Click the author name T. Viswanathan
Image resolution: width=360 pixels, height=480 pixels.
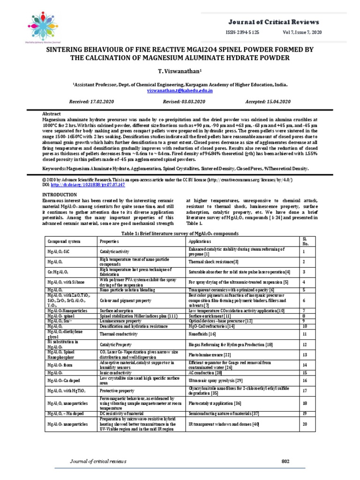click(x=179, y=71)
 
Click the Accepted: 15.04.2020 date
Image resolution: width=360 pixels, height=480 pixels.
click(x=268, y=102)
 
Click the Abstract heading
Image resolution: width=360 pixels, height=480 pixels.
click(x=52, y=113)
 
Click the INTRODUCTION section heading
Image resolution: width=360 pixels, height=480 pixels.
click(x=60, y=194)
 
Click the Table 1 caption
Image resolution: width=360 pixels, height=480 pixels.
click(x=180, y=233)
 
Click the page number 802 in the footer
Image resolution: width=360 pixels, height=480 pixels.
click(x=285, y=461)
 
